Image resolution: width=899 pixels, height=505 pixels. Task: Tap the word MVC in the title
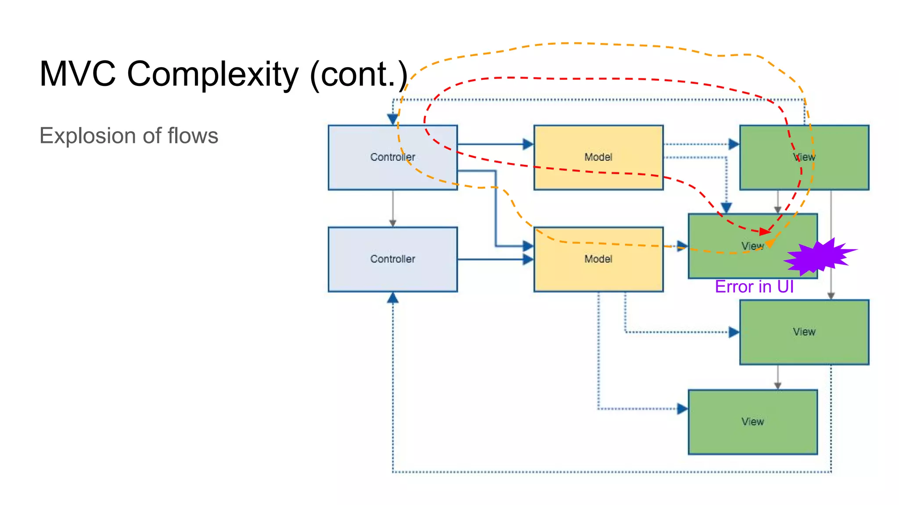tap(78, 74)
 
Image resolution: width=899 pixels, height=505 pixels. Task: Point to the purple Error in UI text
tap(754, 287)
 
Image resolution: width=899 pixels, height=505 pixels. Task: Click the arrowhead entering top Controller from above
tap(392, 119)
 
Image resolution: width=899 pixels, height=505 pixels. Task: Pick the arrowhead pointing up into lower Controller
tap(392, 298)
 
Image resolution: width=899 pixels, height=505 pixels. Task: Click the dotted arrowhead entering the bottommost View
tap(682, 409)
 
